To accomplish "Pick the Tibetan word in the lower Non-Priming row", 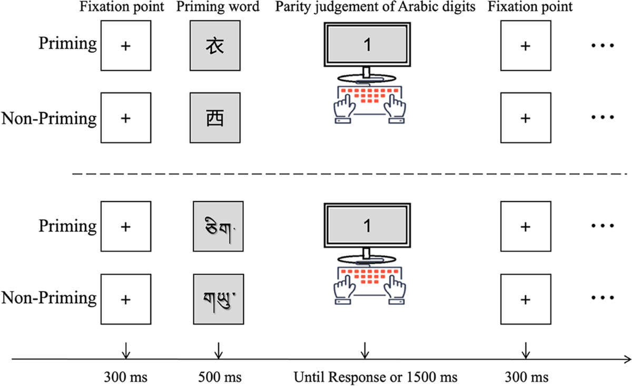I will (x=218, y=299).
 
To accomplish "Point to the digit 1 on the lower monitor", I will (x=368, y=226).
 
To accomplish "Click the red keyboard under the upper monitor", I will (x=367, y=98).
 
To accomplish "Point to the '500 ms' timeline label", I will (x=218, y=378).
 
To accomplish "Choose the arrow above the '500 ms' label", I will (x=218, y=349).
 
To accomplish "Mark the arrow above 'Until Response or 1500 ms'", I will (x=363, y=349).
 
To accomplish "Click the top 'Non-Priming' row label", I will (x=50, y=118).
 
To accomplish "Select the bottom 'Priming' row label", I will (x=67, y=227).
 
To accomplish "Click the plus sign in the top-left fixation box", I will (x=125, y=46).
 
